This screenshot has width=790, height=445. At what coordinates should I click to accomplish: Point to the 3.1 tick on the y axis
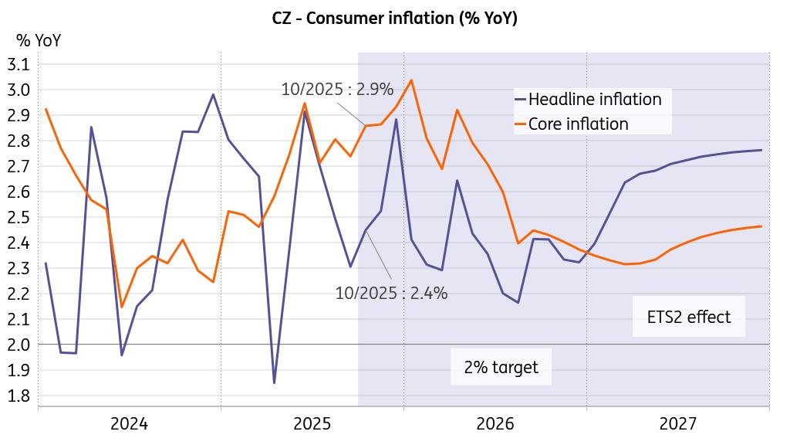18,64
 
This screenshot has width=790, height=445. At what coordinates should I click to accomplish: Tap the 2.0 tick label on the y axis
18,344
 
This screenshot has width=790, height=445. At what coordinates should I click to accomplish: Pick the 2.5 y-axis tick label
18,217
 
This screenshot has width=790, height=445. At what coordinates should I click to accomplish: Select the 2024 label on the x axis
129,423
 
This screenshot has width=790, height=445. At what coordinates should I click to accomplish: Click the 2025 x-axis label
312,423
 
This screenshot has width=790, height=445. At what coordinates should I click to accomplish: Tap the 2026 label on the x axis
495,423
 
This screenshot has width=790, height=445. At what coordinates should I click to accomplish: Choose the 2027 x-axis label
678,423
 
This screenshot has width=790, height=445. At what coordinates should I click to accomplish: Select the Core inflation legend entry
578,124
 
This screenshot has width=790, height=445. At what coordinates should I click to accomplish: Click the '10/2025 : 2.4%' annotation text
391,293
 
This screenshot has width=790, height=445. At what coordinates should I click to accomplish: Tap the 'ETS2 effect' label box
689,317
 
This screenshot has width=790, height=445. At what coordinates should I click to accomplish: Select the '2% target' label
501,367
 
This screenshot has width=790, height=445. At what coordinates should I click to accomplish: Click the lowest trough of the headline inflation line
274,382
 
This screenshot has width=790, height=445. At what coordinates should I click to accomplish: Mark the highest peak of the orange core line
411,80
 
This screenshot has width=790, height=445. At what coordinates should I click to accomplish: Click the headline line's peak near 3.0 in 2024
213,94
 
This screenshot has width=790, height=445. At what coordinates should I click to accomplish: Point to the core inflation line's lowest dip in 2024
122,307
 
